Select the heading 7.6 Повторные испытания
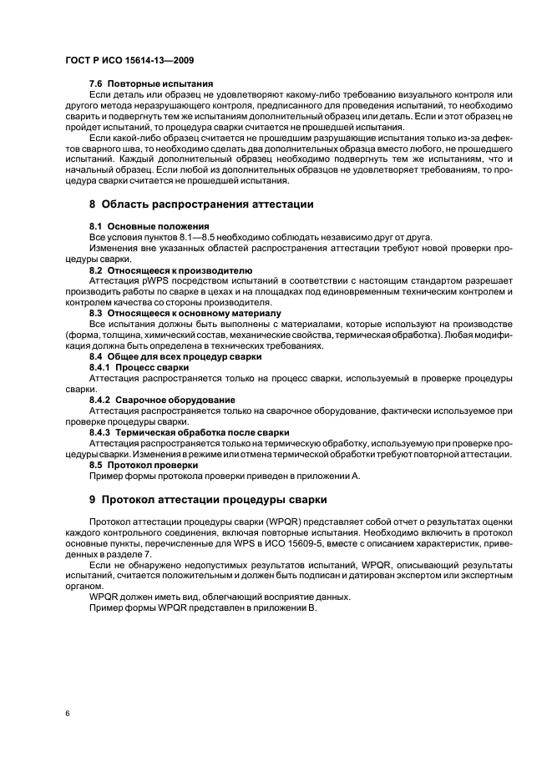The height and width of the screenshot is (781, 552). point(150,83)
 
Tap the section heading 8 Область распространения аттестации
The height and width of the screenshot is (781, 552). point(200,204)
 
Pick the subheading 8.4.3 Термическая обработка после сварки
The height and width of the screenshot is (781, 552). point(189,432)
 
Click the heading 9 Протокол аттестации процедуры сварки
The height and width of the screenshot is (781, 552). point(208,499)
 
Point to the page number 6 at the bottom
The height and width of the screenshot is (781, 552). point(67,714)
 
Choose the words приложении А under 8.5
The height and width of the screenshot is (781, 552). point(327,475)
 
